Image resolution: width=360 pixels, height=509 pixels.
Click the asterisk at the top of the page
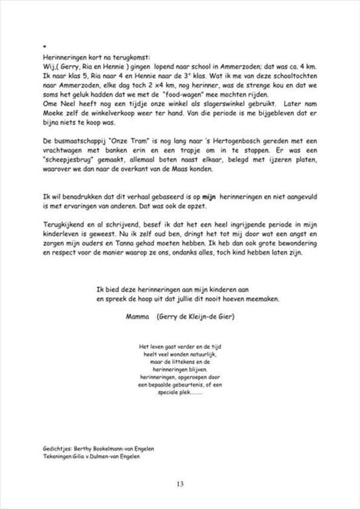pyautogui.click(x=45, y=46)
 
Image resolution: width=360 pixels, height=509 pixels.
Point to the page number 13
pyautogui.click(x=180, y=484)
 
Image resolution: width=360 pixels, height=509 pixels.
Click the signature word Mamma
pyautogui.click(x=137, y=316)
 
